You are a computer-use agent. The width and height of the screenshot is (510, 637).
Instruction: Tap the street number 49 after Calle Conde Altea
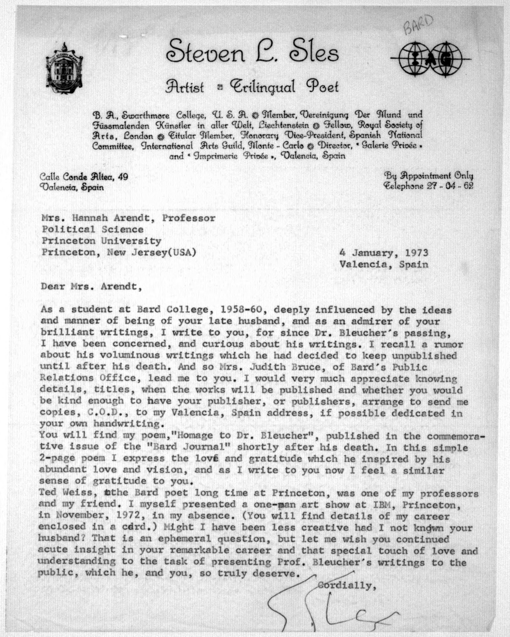[x=122, y=177]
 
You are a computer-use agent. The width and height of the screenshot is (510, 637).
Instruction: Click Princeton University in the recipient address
[x=101, y=241]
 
